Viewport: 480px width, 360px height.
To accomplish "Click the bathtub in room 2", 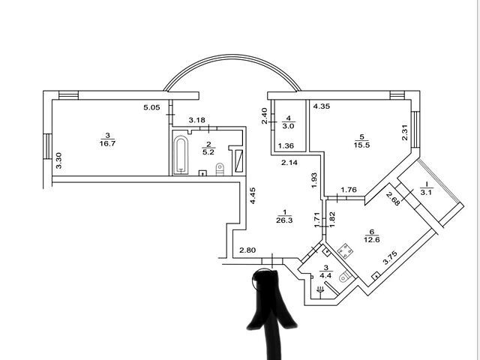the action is click(180, 155).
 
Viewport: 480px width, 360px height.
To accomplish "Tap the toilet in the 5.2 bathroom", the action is click(220, 169).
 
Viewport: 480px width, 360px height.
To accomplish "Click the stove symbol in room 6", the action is click(345, 250).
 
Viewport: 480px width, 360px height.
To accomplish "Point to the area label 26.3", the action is click(284, 220).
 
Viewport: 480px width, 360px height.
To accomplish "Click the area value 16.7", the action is click(107, 143).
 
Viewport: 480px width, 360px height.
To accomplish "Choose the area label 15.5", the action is click(361, 145).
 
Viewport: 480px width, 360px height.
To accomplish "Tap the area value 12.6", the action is click(372, 239).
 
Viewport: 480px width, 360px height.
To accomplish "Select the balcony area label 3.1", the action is click(426, 193).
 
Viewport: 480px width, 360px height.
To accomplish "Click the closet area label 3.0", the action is click(288, 126).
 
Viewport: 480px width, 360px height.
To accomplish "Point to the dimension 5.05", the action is click(151, 107).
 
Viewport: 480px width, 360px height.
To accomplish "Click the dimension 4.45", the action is click(253, 196).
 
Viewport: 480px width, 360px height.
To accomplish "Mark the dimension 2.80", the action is click(247, 250).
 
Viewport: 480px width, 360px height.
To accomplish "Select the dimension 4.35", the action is click(322, 106).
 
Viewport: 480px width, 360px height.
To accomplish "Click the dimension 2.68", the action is click(393, 199).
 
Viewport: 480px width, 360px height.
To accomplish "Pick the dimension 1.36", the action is click(286, 145).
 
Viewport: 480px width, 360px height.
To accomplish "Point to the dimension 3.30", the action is click(58, 160).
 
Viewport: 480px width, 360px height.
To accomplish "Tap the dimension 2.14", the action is click(289, 163).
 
